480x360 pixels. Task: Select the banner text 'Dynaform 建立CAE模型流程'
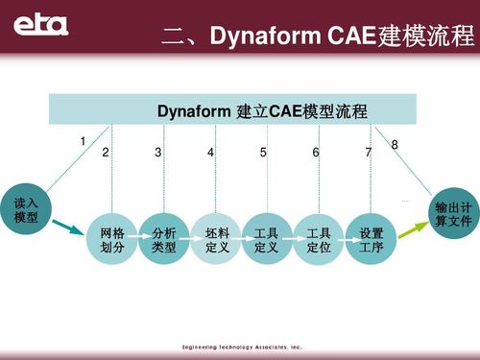click(x=262, y=112)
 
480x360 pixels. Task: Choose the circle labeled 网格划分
click(x=112, y=240)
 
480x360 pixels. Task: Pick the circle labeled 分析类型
click(x=164, y=240)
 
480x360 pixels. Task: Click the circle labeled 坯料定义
click(x=217, y=240)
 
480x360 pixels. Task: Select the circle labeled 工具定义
click(x=267, y=240)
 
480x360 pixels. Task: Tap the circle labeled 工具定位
click(x=319, y=240)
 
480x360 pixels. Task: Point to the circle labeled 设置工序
click(x=371, y=240)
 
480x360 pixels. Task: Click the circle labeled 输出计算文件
click(x=452, y=213)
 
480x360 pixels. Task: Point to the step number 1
click(x=84, y=142)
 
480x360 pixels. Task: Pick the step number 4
click(x=210, y=154)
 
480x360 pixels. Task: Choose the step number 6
click(x=316, y=154)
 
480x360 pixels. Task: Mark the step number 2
click(x=106, y=154)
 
